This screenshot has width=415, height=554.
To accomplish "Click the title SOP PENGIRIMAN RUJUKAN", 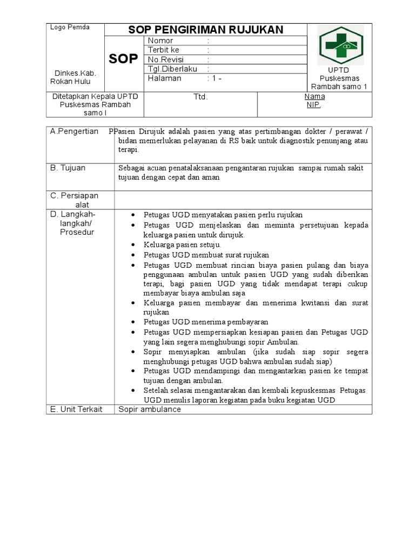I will tap(205, 30).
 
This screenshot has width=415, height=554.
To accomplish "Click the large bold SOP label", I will tap(124, 59).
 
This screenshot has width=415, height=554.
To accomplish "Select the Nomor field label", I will tap(160, 41).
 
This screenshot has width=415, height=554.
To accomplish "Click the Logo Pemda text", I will tap(70, 28).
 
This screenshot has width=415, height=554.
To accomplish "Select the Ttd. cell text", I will tap(200, 97).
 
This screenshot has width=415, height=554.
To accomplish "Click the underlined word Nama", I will tap(314, 96).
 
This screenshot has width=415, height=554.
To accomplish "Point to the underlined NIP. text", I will tap(314, 105).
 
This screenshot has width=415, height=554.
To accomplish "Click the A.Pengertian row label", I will tap(75, 131).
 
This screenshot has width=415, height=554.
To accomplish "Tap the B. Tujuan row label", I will tap(68, 168).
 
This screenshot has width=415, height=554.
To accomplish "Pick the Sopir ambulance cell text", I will tap(150, 409).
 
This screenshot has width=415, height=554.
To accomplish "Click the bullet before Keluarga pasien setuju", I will tap(133, 245).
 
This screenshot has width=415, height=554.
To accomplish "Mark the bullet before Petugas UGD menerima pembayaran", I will tap(133, 321).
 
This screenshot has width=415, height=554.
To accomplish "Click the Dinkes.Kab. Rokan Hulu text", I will tap(71, 77).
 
